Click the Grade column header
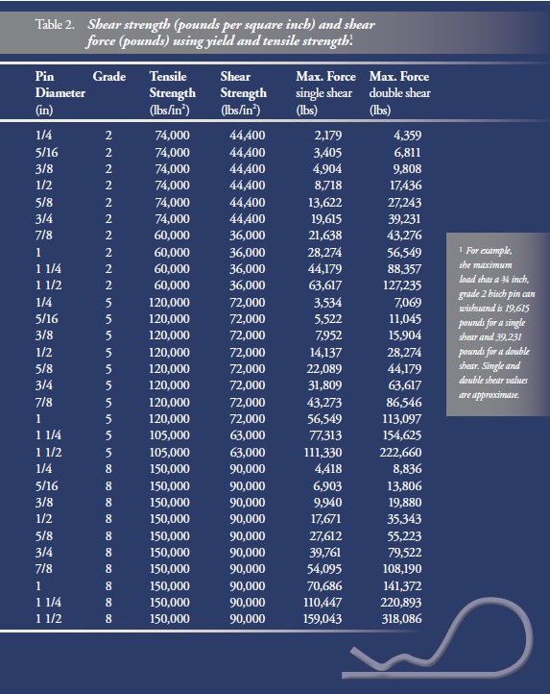109,76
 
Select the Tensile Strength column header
173,93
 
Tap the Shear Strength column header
243,93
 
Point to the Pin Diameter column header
60,93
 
